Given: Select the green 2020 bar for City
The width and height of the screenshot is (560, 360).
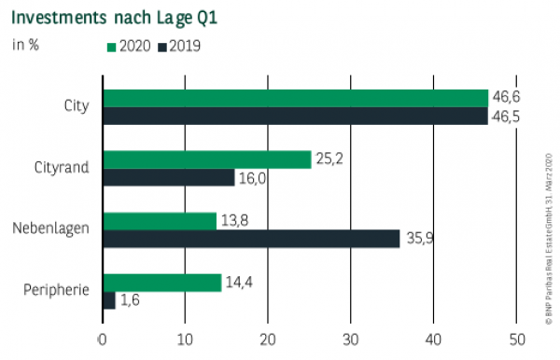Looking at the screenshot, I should click(295, 98).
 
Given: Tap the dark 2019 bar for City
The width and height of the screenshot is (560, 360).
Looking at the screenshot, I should click(295, 116).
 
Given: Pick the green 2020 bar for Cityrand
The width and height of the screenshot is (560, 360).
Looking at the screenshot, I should click(206, 159).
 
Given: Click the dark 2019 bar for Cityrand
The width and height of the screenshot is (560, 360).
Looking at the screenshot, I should click(168, 177).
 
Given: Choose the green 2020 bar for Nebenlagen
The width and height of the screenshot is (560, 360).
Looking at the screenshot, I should click(160, 221).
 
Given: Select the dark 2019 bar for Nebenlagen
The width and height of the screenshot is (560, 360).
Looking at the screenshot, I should click(251, 239).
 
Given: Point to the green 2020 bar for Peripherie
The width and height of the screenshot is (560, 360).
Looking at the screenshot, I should click(161, 283).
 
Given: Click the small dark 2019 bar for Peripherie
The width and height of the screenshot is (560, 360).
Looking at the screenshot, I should click(108, 300).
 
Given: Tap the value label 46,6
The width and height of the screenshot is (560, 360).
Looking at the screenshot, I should click(509, 97).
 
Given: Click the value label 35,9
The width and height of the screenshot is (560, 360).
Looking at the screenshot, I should click(421, 240).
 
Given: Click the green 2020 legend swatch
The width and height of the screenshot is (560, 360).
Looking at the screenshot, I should click(113, 45).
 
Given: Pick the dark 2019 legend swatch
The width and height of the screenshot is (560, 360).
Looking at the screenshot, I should click(162, 45).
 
